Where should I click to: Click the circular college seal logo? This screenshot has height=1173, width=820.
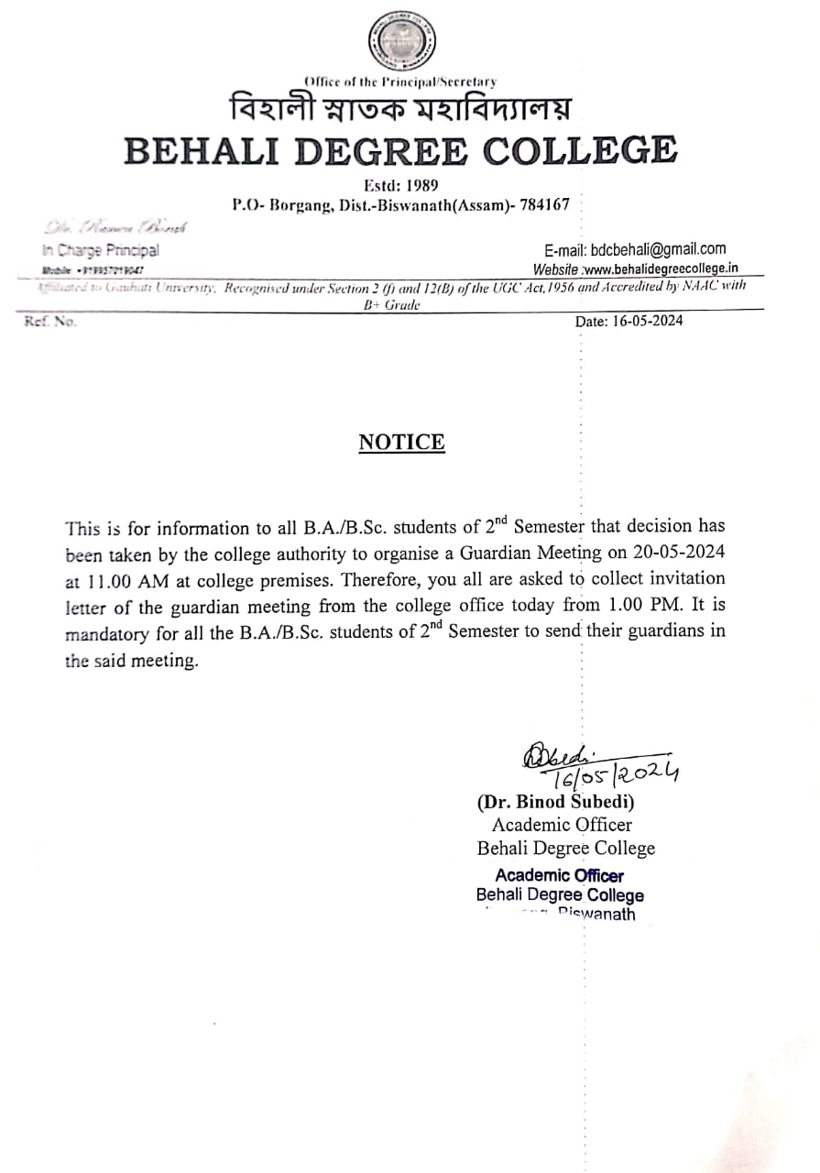point(401,42)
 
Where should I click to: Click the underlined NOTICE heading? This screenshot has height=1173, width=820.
point(401,443)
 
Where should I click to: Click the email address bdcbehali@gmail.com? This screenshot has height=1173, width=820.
point(635,248)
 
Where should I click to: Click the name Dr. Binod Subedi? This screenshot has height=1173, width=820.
point(555,802)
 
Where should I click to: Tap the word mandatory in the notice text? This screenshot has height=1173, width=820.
point(107,632)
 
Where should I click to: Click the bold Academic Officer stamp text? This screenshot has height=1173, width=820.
point(559,875)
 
